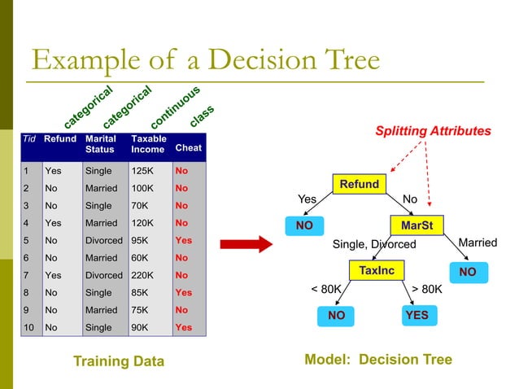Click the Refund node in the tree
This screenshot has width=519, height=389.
pos(359,185)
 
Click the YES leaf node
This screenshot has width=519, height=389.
pos(416,315)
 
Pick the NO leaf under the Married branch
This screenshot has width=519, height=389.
pos(467,272)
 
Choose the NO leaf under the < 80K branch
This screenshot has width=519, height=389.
pos(336,315)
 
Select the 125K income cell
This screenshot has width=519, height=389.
pos(143,172)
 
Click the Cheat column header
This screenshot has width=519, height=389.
pos(188,148)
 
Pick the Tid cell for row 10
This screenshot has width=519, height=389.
pos(28,328)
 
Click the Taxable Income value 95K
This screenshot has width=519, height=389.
pos(141,241)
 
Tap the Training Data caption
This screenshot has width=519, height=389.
pos(118,361)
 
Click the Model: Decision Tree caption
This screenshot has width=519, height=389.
pos(377,360)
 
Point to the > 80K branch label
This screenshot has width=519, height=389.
pos(427,288)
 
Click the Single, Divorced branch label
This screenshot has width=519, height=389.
pos(373,244)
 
